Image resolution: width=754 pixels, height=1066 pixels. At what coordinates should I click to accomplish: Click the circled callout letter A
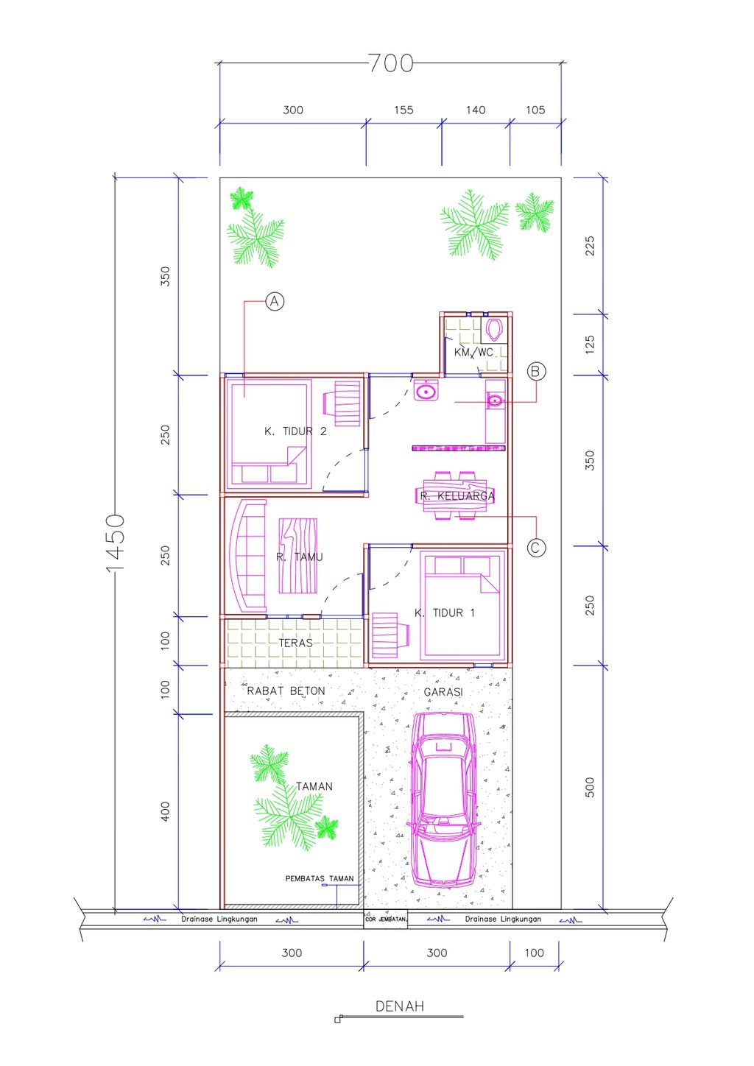(275, 301)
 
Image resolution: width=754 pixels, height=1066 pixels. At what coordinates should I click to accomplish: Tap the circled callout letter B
(536, 371)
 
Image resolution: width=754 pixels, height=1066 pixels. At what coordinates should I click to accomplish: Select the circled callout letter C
(537, 548)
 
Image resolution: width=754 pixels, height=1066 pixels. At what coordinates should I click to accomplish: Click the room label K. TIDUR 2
(295, 431)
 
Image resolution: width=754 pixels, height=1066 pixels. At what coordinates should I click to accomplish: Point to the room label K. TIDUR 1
(445, 613)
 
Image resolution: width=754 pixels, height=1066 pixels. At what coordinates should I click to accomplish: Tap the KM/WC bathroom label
(473, 352)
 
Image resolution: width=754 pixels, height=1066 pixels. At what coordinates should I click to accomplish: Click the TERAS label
(295, 643)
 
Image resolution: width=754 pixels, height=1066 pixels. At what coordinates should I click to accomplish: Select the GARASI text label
(443, 692)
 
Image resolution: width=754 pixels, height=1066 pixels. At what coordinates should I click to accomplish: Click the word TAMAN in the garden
(314, 786)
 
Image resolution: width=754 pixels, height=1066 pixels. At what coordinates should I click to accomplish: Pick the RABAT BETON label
(286, 691)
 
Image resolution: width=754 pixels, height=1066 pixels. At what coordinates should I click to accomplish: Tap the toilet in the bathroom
(495, 329)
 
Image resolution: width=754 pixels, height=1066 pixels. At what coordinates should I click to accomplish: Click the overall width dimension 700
(391, 63)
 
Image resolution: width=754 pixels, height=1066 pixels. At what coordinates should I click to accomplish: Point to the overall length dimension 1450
(115, 543)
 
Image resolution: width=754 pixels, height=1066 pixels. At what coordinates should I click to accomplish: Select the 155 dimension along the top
(404, 110)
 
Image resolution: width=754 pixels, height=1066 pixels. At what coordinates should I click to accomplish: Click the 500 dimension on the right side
(590, 787)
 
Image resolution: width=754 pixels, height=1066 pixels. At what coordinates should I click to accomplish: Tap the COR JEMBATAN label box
(386, 919)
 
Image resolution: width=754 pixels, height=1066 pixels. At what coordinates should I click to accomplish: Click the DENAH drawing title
(400, 1006)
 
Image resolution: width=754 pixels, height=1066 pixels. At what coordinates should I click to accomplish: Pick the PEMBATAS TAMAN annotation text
(320, 878)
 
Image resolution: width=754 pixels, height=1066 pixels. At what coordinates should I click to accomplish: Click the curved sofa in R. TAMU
(248, 555)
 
